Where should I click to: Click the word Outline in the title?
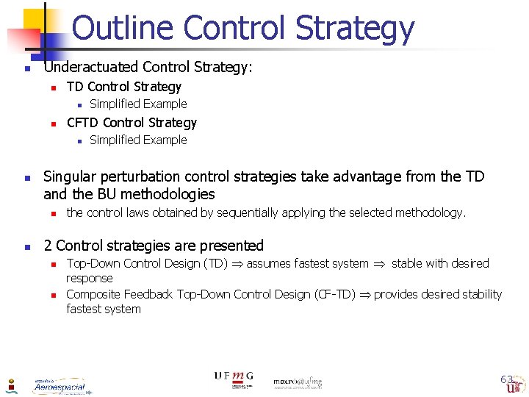123,28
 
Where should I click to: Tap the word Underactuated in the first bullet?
88,68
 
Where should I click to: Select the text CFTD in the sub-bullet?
83,123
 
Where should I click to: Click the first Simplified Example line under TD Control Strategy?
138,104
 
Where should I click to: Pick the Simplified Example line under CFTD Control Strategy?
138,140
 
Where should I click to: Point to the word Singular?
68,176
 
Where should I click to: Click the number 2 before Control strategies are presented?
48,246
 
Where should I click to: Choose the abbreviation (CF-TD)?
342,295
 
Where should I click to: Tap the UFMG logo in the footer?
234,378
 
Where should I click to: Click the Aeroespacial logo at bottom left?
59,385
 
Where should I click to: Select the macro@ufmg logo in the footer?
298,382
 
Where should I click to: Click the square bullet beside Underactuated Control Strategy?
26,69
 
